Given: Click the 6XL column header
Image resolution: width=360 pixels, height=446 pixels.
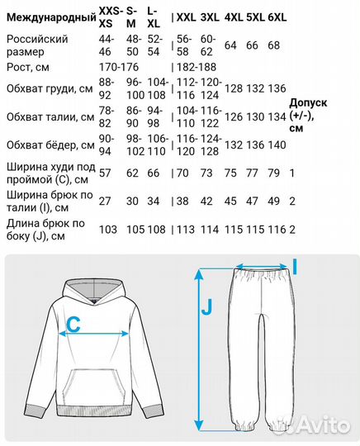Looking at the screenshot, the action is coord(277,17).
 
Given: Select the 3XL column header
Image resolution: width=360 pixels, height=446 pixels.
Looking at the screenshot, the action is coord(210,17).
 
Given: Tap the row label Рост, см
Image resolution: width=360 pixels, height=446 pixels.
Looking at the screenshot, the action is coord(29,65).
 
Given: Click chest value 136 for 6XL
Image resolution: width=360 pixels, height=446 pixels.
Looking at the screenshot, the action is coord(277,89).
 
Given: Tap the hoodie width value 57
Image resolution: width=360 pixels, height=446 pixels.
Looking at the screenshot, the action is coord(105,173).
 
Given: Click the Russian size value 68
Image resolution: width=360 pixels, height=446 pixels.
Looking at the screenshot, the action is coord(274,45).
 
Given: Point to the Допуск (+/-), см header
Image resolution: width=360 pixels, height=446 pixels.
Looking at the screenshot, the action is coord(310,115).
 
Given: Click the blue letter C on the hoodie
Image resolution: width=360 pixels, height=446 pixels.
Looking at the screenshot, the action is coord(73,325).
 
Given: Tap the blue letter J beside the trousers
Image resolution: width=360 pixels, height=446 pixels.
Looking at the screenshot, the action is coord(207,308).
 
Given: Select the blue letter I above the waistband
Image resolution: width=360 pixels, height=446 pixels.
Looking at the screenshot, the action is coord(294,265).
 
